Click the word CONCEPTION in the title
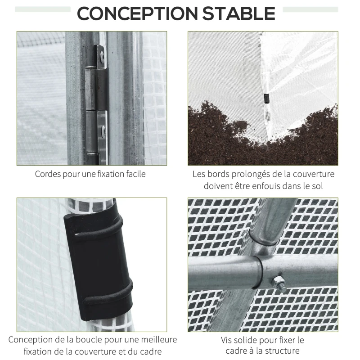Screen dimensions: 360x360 point(137,13)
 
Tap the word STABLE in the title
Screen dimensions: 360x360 point(238,13)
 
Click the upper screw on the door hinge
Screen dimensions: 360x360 point(102,56)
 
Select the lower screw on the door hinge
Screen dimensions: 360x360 point(103,131)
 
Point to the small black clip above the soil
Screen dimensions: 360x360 point(266,99)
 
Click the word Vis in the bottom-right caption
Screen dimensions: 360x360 point(227,340)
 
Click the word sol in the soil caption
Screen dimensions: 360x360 point(317,186)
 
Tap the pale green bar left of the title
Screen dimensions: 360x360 point(43,9)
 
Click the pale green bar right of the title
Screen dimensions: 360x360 point(310,9)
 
